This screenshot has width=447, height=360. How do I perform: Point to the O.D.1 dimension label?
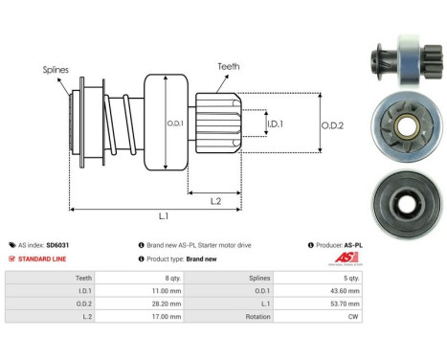(x=174, y=124)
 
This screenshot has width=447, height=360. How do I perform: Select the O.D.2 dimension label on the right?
(x=334, y=123)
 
